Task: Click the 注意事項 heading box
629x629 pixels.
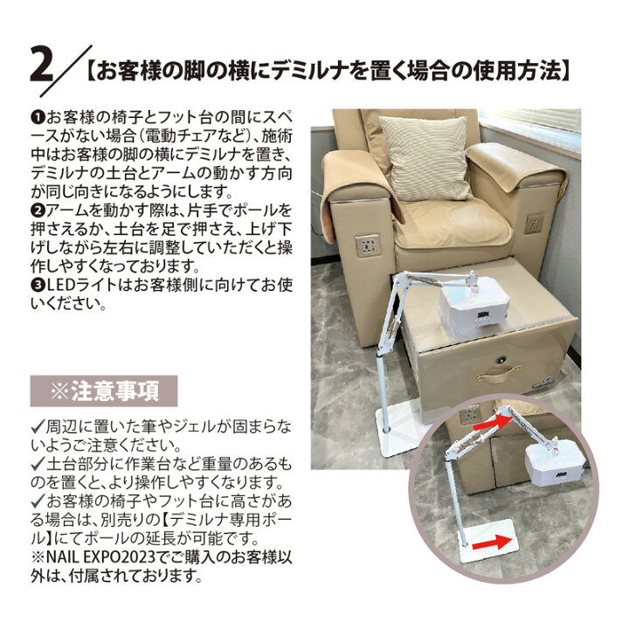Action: (104, 390)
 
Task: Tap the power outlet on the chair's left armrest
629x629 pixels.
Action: (368, 243)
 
